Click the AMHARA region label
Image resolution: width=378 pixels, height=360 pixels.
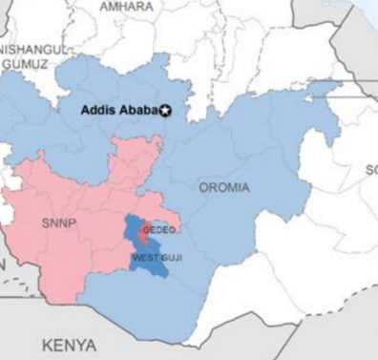[127, 7]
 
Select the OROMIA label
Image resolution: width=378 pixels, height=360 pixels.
[224, 187]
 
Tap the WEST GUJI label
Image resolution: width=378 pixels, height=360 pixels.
[155, 258]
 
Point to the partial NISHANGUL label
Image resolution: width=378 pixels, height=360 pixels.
[32, 48]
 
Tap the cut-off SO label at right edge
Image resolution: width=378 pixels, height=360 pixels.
[370, 170]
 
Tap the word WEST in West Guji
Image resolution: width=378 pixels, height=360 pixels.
[143, 258]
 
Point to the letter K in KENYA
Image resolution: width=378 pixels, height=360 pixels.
[48, 344]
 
